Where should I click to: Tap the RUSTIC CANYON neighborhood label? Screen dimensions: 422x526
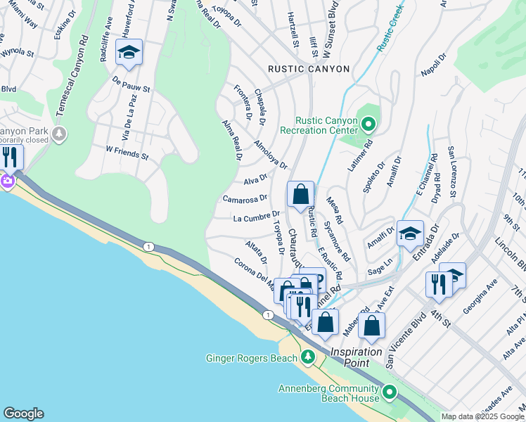[308, 69]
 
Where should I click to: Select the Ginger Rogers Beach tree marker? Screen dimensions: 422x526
[307, 358]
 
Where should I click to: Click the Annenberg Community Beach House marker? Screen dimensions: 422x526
[389, 392]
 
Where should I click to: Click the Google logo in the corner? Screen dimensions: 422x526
[23, 414]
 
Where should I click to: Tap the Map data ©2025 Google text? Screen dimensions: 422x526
[482, 416]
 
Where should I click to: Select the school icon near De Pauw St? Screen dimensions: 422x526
[129, 53]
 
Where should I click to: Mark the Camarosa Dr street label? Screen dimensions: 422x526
[245, 199]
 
